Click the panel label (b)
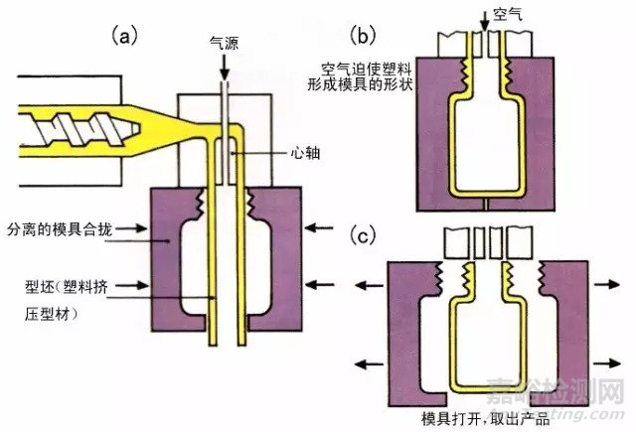click(365, 37)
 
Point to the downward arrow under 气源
click(224, 66)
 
